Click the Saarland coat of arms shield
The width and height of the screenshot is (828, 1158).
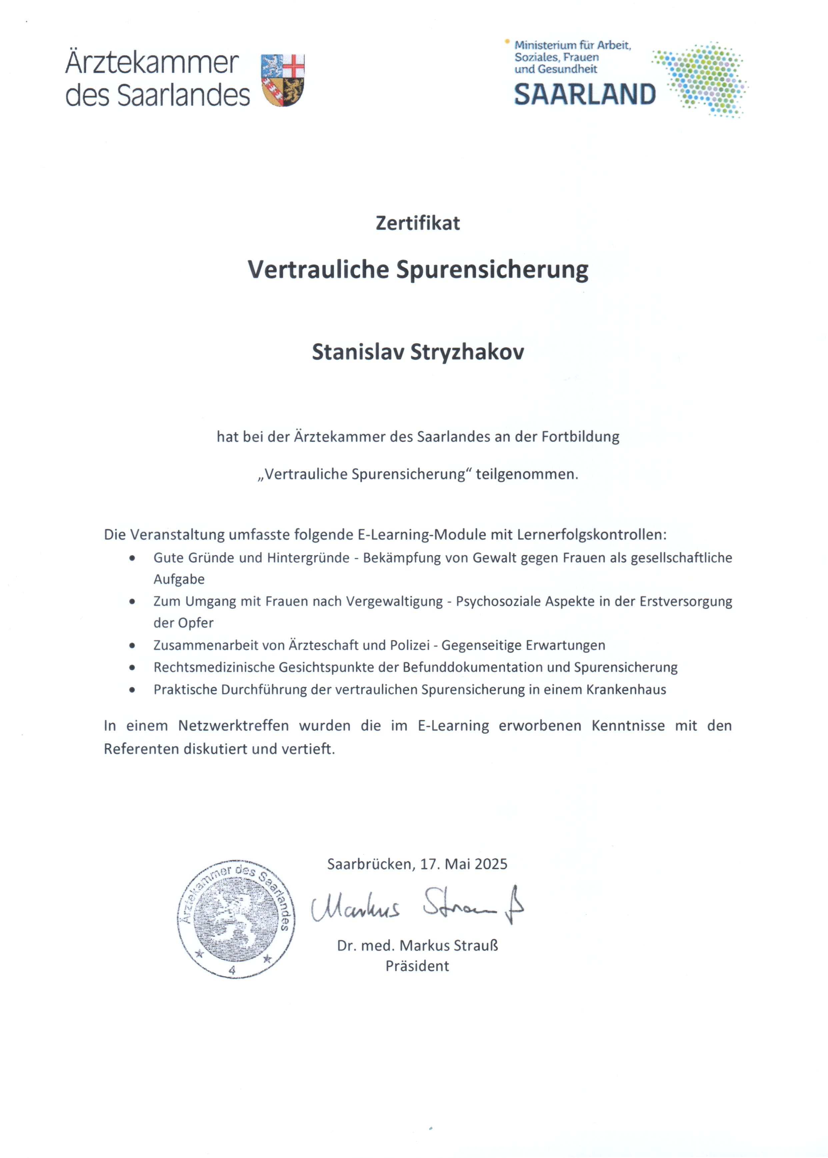[x=283, y=80]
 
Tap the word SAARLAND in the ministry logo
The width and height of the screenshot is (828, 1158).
[x=584, y=95]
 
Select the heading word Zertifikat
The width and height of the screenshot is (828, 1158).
[x=418, y=223]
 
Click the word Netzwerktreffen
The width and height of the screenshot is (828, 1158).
[x=234, y=726]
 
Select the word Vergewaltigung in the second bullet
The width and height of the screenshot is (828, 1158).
[x=395, y=601]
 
